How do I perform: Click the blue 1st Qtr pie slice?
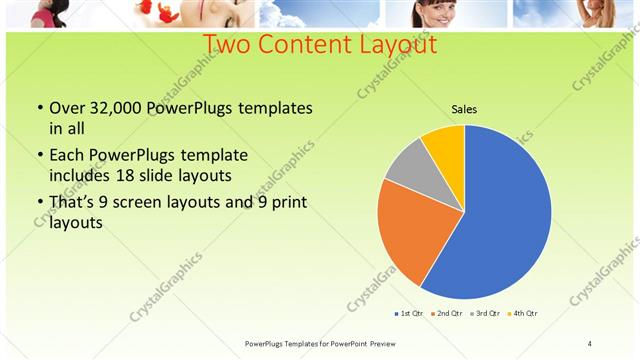pyautogui.click(x=500, y=220)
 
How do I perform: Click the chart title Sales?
pyautogui.click(x=464, y=109)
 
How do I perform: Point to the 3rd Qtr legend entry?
pyautogui.click(x=484, y=314)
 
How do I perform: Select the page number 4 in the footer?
pyautogui.click(x=590, y=344)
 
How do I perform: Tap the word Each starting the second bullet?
pyautogui.click(x=68, y=155)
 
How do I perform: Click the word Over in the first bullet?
pyautogui.click(x=68, y=108)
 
